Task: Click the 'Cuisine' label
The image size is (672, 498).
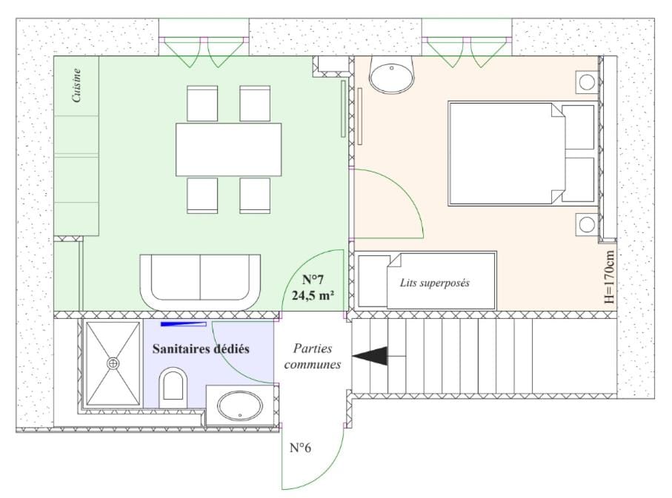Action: (x=76, y=86)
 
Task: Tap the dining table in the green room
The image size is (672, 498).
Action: (x=228, y=149)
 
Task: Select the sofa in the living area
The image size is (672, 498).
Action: (x=200, y=281)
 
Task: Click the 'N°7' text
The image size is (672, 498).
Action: (x=313, y=280)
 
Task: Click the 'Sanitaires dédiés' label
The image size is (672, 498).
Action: (x=201, y=348)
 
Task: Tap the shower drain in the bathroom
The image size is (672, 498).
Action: (x=113, y=363)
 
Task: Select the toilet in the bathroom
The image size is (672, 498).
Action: (x=173, y=384)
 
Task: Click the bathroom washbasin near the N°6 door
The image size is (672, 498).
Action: (x=239, y=406)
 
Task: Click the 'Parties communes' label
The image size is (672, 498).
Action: (x=312, y=356)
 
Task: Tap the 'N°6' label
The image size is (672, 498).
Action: (x=299, y=448)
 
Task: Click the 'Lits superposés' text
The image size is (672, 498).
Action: (x=434, y=283)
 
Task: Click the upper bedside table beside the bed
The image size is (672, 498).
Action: (x=588, y=81)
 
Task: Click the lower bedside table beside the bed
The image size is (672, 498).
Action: (x=588, y=224)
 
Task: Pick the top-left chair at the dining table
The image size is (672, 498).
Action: (x=202, y=103)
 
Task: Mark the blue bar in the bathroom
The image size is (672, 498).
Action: (x=184, y=323)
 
